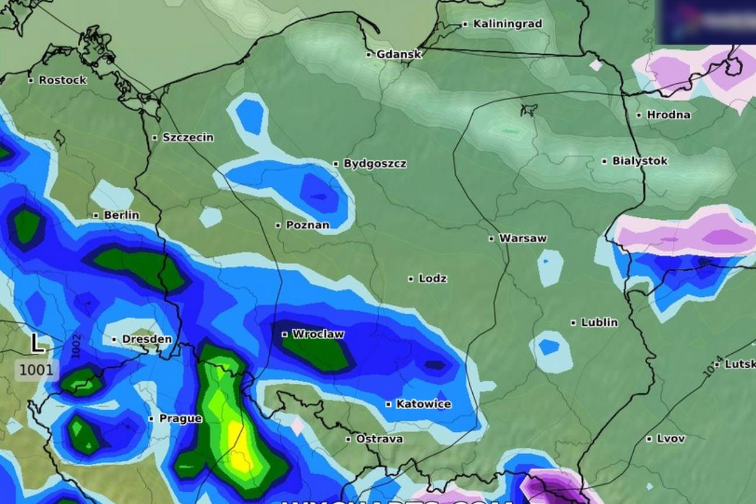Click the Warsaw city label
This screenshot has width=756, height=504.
coord(523,238)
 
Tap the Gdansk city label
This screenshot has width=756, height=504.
coord(398,54)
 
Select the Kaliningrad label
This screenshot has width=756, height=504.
coord(507,24)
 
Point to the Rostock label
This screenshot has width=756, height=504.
coord(62,80)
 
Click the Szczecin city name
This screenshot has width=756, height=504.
coord(188,138)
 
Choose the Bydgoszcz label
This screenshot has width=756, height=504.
coord(375,164)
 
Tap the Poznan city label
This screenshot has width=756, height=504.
coord(307,225)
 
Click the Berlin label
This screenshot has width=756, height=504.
coord(121,215)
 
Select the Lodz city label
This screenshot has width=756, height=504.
coord(432,279)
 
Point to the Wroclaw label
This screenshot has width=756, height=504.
coord(318,334)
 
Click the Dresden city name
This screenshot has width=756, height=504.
coord(147,339)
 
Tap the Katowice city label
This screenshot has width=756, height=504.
coord(423,404)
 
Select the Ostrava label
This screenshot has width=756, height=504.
coord(379,439)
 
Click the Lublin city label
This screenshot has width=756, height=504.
coord(599,322)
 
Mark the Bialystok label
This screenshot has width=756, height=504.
coord(640,161)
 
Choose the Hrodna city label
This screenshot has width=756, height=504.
coord(668,115)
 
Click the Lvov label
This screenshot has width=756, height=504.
coord(671,439)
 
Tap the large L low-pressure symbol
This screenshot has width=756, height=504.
coord(37,343)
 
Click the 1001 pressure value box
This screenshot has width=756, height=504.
coord(36,370)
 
